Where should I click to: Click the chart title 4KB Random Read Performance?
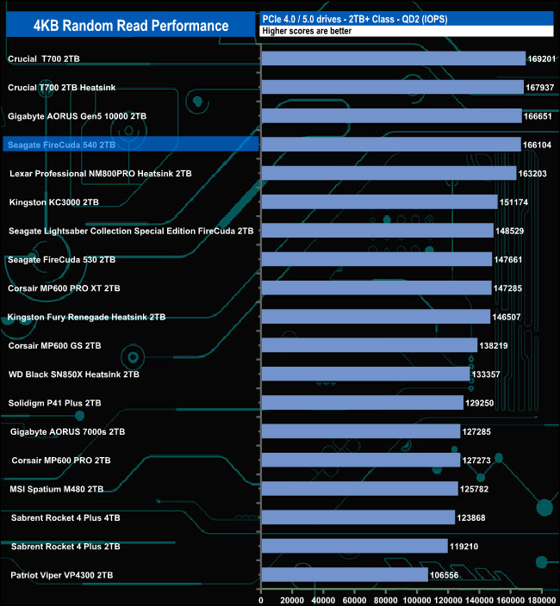click(131, 25)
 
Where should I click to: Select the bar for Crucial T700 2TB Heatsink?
click(392, 87)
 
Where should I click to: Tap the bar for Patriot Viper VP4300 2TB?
click(344, 574)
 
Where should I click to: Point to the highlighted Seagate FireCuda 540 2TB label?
click(61, 145)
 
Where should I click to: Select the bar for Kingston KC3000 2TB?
click(378, 201)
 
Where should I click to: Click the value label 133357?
click(488, 374)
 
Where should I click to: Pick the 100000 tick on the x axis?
click(417, 594)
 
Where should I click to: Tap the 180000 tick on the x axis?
click(541, 594)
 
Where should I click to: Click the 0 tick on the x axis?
click(261, 594)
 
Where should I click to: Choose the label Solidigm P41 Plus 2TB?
click(54, 403)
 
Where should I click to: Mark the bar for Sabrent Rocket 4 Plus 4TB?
click(358, 517)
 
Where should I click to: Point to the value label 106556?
click(445, 575)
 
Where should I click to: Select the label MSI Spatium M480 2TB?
click(57, 489)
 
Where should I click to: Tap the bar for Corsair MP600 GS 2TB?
click(369, 345)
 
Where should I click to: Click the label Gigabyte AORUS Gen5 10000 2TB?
click(77, 115)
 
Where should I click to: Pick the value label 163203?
click(535, 173)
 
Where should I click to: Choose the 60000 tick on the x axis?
click(355, 594)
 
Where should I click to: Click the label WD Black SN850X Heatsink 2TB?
click(73, 374)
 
